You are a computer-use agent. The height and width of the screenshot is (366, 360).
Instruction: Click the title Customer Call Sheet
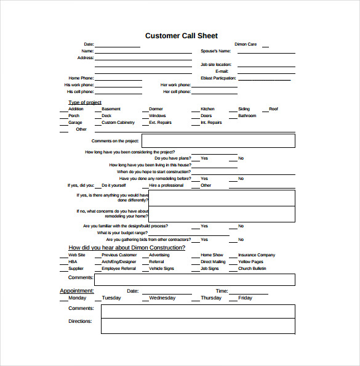coord(181,36)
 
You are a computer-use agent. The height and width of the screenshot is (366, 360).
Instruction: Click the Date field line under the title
coord(118,45)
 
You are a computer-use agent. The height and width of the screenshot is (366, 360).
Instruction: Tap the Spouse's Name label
coord(215,51)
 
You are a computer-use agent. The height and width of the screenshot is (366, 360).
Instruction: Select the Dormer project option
coord(156,109)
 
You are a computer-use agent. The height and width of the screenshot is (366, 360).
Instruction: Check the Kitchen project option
coord(207,109)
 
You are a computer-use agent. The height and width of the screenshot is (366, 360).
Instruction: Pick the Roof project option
coord(273,109)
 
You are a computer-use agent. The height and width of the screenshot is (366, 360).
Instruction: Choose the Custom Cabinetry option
coord(118,123)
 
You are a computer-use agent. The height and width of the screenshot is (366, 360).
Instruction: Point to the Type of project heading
coord(85,102)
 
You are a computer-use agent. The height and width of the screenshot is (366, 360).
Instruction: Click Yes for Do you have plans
coord(204,158)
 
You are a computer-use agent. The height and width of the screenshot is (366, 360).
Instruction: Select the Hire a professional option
coord(166,185)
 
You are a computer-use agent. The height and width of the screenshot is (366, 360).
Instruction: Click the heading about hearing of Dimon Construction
coord(126,247)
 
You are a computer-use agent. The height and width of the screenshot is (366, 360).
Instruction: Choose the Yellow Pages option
coord(250,262)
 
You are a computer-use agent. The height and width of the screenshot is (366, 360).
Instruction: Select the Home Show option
coord(212,255)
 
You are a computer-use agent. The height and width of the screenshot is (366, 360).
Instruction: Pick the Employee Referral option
coord(119,269)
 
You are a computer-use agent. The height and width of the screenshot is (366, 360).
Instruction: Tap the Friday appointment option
coord(245,298)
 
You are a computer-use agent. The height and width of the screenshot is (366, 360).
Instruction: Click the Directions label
coord(80,321)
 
